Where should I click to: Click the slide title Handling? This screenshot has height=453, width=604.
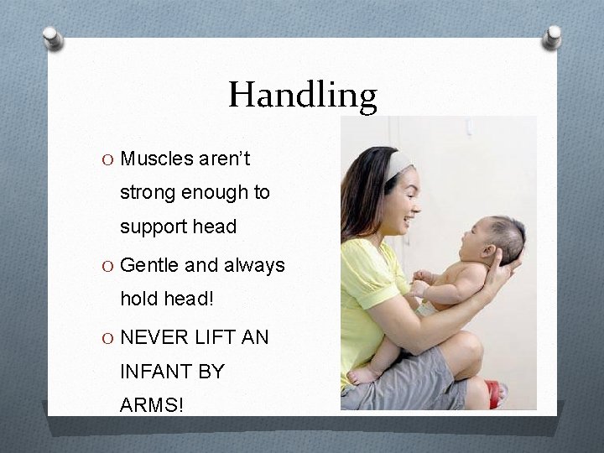point(303,95)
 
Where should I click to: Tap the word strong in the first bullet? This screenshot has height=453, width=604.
point(147,193)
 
